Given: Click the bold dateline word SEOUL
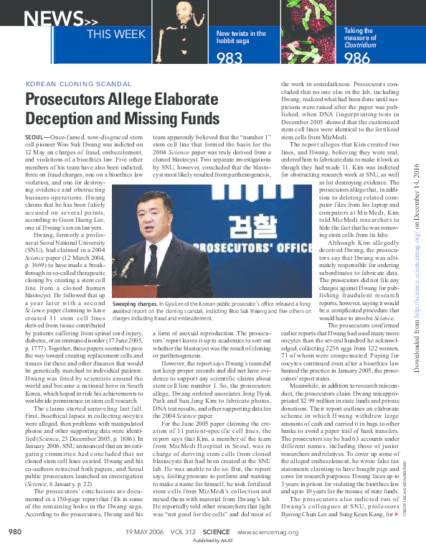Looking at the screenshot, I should coord(34,136).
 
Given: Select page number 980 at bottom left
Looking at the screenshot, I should coord(15,531).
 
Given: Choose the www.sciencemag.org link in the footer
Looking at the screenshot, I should coord(265,531).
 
